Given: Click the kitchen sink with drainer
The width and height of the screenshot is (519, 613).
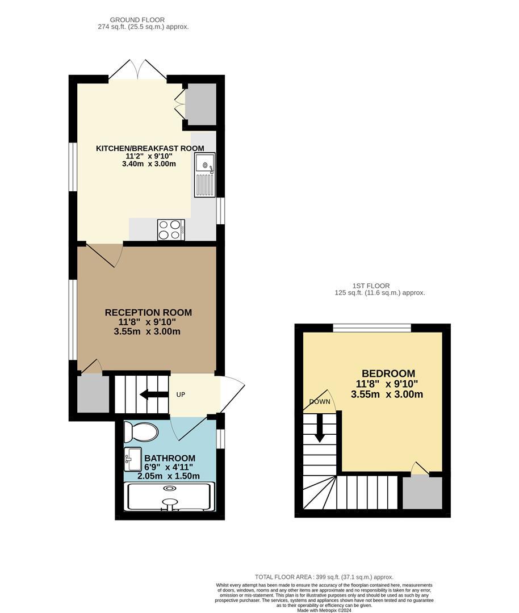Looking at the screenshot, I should [205, 175].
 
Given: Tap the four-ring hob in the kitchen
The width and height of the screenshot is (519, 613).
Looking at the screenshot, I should [171, 230].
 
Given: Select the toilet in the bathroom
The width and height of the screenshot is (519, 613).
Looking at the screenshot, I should [141, 433].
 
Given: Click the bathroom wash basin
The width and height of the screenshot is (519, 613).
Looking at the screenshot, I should [133, 459].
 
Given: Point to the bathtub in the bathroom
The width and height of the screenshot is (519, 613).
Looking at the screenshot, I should [170, 497].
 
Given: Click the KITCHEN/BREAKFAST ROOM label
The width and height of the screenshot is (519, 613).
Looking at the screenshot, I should [150, 148].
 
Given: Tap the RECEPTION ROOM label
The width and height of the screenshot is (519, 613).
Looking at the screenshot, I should [148, 312].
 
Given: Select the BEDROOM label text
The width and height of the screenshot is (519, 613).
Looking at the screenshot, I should [388, 373].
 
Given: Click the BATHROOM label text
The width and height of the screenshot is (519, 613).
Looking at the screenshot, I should [170, 458].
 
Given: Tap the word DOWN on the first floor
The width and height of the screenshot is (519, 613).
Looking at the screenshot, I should [319, 402].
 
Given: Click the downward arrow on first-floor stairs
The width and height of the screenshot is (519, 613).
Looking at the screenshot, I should [319, 429].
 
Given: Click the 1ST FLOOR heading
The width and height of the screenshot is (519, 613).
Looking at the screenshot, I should [380, 285].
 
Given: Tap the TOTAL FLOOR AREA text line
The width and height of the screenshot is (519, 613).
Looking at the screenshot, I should [325, 577].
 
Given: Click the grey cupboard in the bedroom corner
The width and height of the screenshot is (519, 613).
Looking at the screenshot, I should [422, 492].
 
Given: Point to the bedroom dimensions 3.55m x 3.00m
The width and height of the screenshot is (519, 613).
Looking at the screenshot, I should [387, 394].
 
